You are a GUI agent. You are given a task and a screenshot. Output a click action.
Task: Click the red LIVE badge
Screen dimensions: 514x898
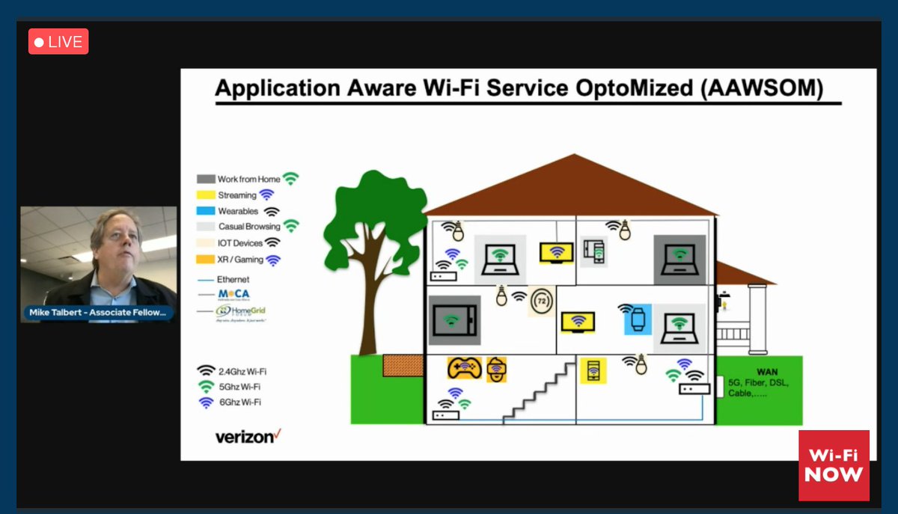tap(58, 42)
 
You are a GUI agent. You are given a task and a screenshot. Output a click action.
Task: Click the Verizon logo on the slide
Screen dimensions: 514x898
tap(248, 435)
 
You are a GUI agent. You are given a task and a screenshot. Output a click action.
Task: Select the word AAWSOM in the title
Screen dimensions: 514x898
tap(778, 89)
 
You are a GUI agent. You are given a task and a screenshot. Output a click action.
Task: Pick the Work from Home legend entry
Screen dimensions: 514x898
tap(248, 179)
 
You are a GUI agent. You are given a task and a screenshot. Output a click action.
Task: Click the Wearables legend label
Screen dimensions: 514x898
tap(238, 211)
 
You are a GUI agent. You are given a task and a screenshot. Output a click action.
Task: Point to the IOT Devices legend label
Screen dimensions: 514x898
tap(240, 243)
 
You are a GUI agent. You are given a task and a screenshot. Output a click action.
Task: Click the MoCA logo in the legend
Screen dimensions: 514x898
tap(230, 294)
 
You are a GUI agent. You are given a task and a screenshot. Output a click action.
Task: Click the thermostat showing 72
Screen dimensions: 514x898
tap(541, 302)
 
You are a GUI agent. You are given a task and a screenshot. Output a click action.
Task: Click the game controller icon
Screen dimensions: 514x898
tap(464, 367)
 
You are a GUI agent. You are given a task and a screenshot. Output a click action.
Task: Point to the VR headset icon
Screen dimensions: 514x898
tap(497, 368)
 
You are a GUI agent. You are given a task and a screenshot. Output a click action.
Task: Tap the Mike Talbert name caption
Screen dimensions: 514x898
tap(98, 313)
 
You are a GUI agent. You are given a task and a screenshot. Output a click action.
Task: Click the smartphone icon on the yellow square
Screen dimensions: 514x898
tap(593, 370)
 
